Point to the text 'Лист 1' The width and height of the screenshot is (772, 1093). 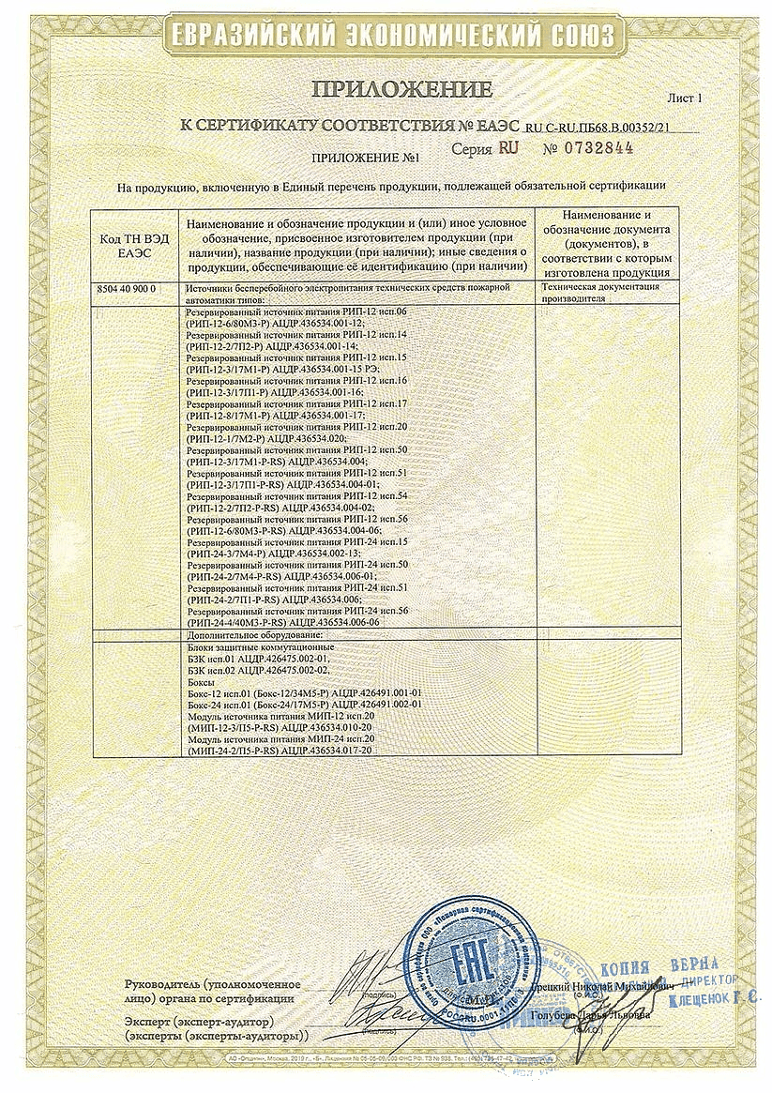685,97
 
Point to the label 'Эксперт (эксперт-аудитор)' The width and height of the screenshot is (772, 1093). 198,1020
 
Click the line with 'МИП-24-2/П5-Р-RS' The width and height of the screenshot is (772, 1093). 280,750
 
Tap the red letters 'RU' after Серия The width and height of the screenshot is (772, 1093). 507,147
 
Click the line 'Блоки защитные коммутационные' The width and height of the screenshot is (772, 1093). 255,647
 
